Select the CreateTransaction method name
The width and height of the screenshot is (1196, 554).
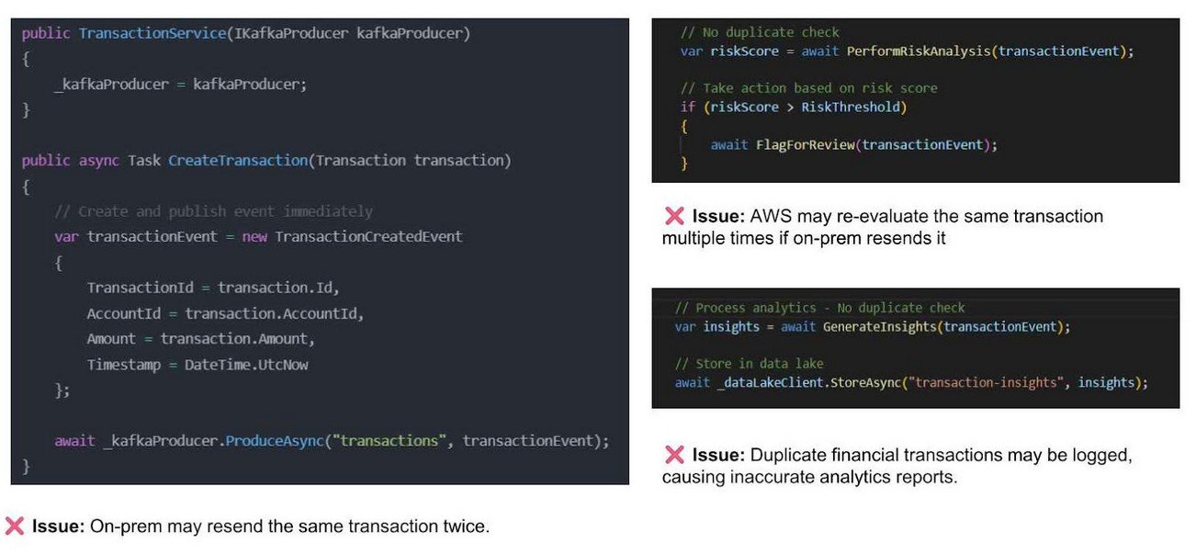click(x=237, y=161)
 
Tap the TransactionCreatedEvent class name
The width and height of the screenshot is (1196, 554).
click(x=368, y=237)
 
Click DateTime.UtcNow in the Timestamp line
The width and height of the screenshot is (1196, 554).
click(x=246, y=365)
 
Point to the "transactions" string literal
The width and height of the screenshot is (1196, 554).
click(x=389, y=441)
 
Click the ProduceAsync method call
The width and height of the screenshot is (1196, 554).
click(x=275, y=441)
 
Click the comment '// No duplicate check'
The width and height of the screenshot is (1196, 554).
click(x=760, y=32)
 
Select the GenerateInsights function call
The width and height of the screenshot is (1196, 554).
click(x=881, y=327)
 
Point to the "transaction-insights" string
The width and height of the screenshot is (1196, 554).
click(x=987, y=382)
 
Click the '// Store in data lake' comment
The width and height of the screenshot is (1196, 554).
click(x=749, y=363)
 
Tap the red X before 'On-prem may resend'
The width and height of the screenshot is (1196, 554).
click(x=14, y=526)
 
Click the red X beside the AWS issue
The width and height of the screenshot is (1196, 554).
click(x=673, y=216)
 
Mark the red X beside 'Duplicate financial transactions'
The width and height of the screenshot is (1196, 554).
click(x=673, y=455)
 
